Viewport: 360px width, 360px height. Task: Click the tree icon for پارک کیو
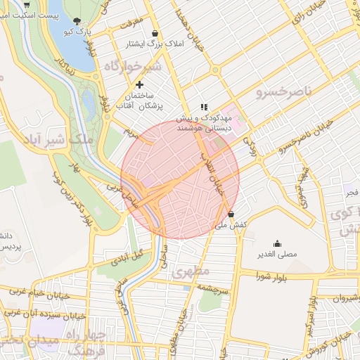click(77, 20)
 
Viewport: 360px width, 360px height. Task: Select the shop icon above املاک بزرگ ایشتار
click(155, 33)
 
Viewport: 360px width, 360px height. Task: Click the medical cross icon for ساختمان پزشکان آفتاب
click(140, 85)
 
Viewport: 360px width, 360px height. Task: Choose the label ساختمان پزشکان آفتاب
click(144, 100)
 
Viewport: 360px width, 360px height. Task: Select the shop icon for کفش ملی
click(231, 214)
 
